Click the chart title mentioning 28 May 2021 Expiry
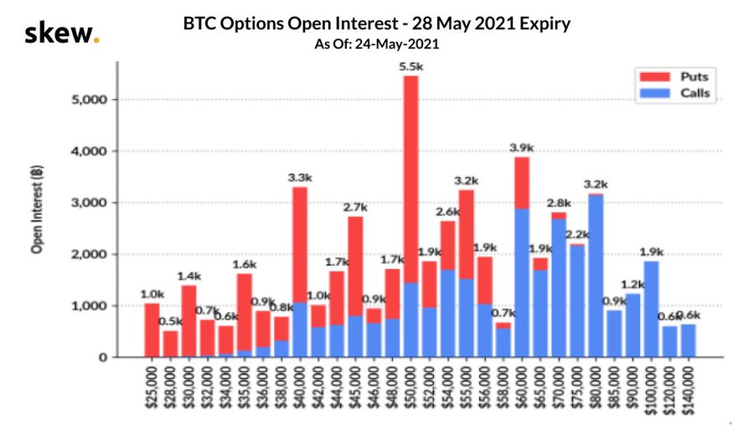click(376, 23)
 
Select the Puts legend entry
click(677, 77)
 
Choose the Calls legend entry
click(677, 93)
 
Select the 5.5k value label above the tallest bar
click(411, 65)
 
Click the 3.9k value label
click(522, 148)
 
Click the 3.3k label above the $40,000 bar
click(300, 178)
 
